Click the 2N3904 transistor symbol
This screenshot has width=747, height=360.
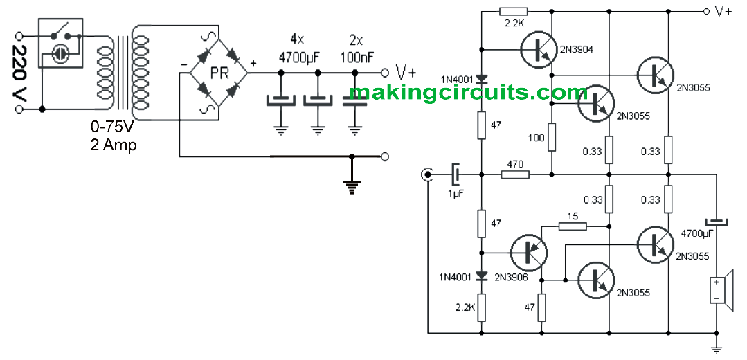(537, 49)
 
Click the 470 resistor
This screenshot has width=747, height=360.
(514, 174)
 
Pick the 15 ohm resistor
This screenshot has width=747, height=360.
(573, 226)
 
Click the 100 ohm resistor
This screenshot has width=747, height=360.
(551, 137)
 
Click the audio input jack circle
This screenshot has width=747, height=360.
(429, 174)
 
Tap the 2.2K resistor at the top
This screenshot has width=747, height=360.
(513, 11)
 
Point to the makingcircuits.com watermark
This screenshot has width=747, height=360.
(468, 92)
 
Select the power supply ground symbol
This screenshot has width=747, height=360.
(353, 185)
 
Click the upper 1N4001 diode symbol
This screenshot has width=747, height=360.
(482, 78)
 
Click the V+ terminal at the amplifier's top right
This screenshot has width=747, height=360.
(708, 11)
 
